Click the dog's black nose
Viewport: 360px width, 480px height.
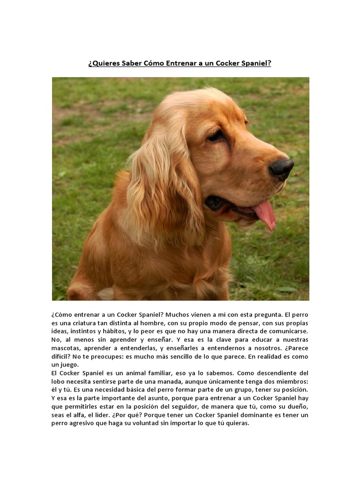click(282, 168)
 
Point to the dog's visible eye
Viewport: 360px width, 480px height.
click(216, 135)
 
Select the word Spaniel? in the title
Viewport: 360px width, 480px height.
click(255, 63)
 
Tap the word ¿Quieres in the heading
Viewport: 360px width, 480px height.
click(104, 63)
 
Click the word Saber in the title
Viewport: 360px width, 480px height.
click(132, 63)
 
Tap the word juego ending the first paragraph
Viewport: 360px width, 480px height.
click(70, 365)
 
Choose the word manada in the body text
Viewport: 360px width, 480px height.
click(172, 382)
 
